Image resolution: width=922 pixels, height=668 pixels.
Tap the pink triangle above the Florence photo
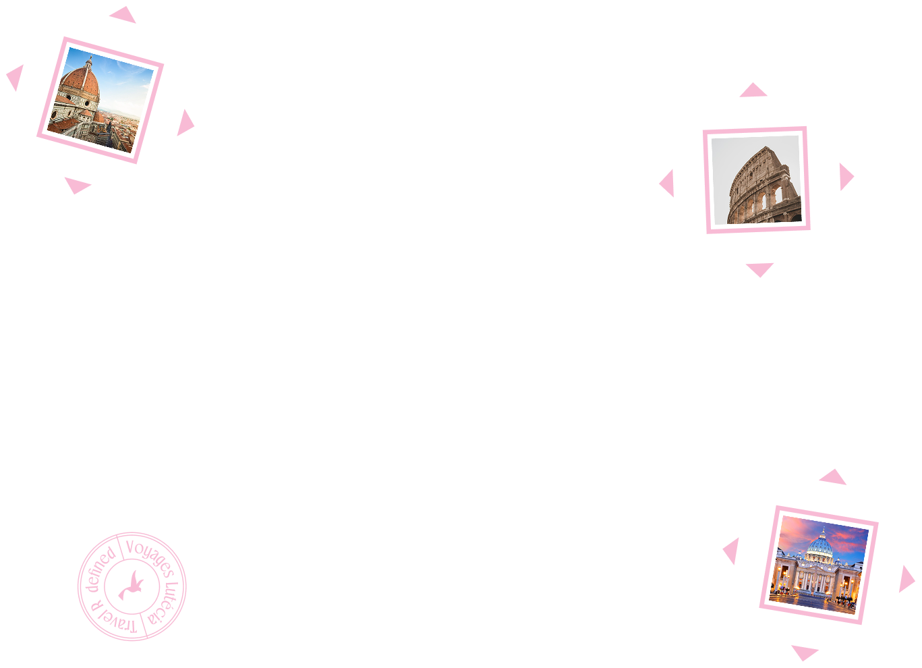click(123, 16)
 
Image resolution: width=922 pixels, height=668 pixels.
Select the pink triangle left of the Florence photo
click(16, 78)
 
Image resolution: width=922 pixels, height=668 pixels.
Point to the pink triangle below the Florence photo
click(77, 185)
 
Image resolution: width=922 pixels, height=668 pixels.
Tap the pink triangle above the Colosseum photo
click(753, 90)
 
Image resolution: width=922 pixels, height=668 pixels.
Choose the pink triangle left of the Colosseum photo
click(668, 184)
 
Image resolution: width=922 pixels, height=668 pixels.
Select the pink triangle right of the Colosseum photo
click(846, 177)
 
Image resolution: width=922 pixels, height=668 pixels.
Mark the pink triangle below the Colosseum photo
click(760, 269)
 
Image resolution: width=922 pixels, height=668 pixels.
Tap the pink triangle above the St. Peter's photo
click(833, 478)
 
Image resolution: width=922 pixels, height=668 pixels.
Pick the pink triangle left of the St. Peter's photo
click(732, 551)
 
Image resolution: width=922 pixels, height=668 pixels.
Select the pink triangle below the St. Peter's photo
click(805, 652)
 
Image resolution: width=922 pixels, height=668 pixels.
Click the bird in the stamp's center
click(132, 586)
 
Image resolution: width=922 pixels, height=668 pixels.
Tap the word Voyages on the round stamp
click(150, 557)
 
